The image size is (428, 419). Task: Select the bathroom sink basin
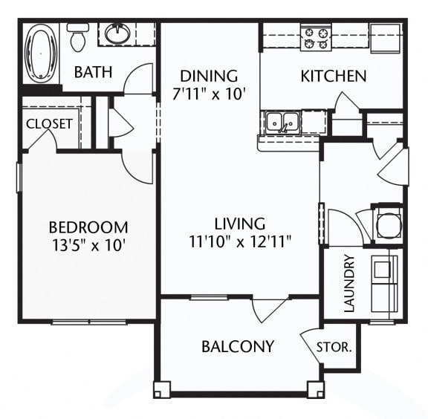click(x=117, y=33)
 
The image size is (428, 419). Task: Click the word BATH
click(x=93, y=72)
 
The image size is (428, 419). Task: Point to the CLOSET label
click(x=49, y=123)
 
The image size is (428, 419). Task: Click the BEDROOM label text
click(x=88, y=227)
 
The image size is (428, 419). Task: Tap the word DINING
click(x=209, y=76)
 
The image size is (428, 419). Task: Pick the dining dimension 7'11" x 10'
click(x=209, y=94)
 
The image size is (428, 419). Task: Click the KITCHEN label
click(x=333, y=76)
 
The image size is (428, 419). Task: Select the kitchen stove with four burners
click(x=315, y=37)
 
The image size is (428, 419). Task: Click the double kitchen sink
click(x=283, y=121)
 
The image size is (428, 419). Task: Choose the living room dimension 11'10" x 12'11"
click(x=240, y=241)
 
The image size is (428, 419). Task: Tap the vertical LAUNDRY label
click(x=349, y=283)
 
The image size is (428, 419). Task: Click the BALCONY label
click(x=238, y=346)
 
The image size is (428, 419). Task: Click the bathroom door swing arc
click(x=139, y=79)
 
